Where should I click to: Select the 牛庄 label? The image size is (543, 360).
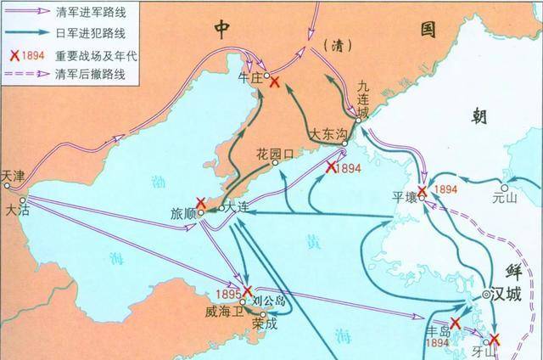[252, 76]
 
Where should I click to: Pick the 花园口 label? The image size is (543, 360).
[274, 154]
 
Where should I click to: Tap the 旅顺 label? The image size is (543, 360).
[182, 212]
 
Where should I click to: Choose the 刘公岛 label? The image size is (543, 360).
[267, 300]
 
